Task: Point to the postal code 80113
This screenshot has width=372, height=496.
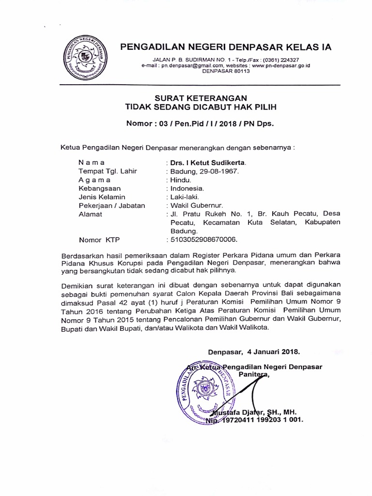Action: (240, 71)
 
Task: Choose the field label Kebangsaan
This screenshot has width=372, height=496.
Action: (99, 188)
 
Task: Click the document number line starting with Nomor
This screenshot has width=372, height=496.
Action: (200, 124)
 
